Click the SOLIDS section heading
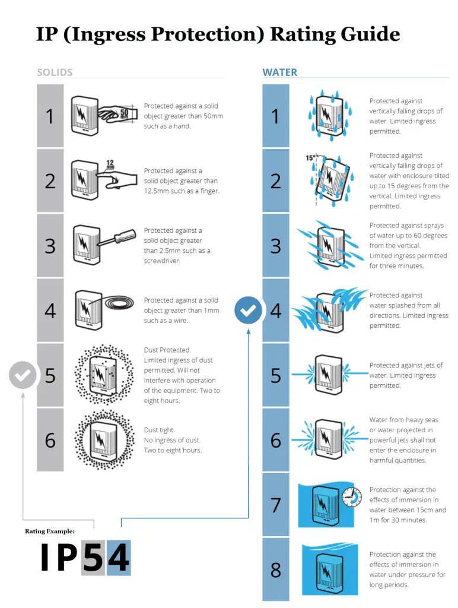coord(55,72)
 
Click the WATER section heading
coord(280,72)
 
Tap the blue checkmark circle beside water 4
coord(248,311)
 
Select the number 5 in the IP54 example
coord(93,558)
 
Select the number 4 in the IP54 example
coord(119,558)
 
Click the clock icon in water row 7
coord(352,498)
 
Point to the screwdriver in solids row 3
coord(119,239)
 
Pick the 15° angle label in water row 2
coord(310,158)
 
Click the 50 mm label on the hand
coord(124,113)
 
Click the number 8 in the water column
coord(276,570)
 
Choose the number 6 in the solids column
coord(50,440)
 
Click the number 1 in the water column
coord(276,116)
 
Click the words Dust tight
coord(159,430)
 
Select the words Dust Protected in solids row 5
coord(167,350)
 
